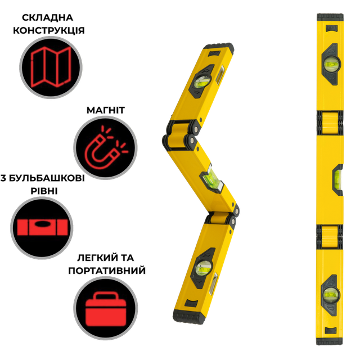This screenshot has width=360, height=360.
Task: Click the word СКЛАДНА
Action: coord(47,17)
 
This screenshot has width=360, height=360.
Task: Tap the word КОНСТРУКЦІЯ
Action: coord(49,30)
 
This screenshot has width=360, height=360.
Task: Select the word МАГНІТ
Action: coord(106,110)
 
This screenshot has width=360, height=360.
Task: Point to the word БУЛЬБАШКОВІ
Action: coord(47,178)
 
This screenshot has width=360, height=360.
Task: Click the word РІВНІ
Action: coord(44,191)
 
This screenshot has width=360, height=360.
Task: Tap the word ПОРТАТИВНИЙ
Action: coord(107,271)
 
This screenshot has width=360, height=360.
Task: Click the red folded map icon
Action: coord(51,67)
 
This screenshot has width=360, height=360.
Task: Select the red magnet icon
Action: coord(106,147)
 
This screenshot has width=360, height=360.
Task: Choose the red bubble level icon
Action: coord(43,227)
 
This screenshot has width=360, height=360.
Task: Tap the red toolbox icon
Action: coord(106,309)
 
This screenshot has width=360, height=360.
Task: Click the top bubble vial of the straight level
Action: coord(331,64)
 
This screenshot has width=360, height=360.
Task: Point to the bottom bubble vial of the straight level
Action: coord(331,295)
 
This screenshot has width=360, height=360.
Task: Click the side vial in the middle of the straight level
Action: coord(337,180)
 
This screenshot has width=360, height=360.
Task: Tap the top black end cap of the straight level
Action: coord(330,17)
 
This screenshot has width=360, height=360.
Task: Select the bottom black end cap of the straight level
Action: coord(330,341)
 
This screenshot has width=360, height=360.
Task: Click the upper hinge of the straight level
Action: coord(330,123)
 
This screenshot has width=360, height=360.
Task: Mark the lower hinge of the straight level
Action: coord(330,237)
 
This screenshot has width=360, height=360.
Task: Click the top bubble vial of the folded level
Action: coord(202,81)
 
